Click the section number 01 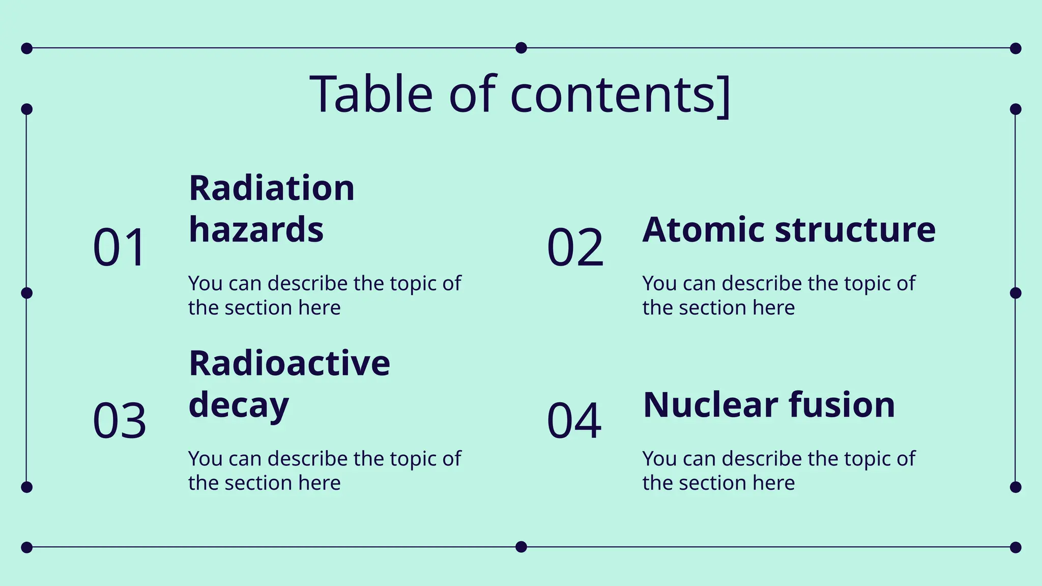coord(120,248)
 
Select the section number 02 coord(575,248)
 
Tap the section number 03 coord(120,421)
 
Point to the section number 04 coord(574,421)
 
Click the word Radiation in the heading coord(272,188)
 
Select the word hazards coord(256,229)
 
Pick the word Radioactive coord(290,363)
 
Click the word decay coord(239,405)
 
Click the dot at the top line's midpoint coord(521,48)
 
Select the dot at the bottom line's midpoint coord(521,547)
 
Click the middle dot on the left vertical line coord(27,293)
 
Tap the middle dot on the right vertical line coord(1016,293)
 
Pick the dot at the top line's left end coord(27,48)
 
